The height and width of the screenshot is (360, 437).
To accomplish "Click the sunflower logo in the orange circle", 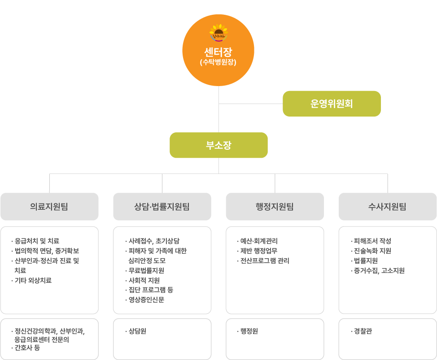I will coord(218,33).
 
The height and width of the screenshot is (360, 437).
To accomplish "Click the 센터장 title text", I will coord(218,51).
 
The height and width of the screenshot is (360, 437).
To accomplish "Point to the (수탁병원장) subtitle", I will coord(218,62).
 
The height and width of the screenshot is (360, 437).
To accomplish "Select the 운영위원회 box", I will coord(332,104).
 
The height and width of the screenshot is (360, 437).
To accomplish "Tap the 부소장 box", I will coord(218,145).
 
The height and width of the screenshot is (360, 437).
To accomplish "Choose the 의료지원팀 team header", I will coord(49,207).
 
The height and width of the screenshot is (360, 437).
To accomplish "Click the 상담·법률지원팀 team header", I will coord(162,207).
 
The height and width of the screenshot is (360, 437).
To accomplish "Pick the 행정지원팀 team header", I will coord(275,207).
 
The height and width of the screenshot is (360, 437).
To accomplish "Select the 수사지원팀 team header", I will coord(387,207).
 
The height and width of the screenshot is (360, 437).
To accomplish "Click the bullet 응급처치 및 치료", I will coord(37,241).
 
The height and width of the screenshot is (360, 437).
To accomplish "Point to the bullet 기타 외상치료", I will coord(33,280).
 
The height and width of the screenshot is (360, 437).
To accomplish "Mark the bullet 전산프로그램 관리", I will coord(265,260).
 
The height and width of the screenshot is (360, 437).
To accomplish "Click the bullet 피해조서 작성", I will coord(372,241).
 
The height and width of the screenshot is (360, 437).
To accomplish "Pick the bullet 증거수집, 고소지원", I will coord(379,270).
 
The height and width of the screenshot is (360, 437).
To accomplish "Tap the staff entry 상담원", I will coord(137,331).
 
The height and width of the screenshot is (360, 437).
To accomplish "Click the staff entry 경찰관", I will coord(363,331).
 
